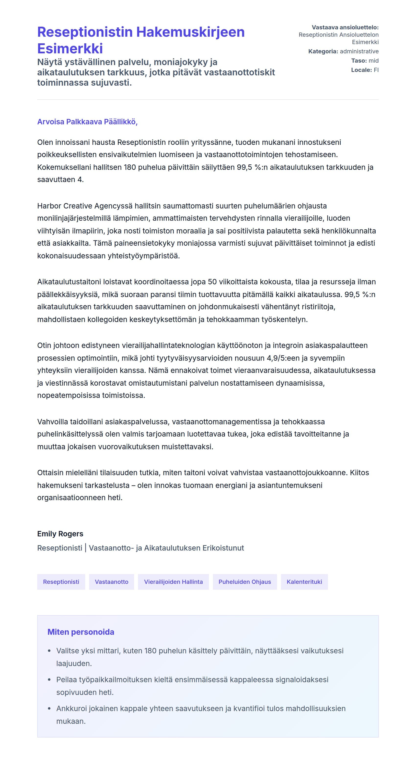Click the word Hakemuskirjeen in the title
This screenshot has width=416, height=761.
tap(190, 32)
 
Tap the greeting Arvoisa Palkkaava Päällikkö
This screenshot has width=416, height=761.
tap(87, 122)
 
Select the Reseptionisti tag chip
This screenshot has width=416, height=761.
tap(61, 581)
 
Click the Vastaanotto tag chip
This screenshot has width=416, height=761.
tap(111, 581)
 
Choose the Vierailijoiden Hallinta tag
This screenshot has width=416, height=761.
tap(173, 581)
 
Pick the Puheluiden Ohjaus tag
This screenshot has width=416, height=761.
tap(244, 581)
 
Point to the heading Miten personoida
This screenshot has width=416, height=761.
tap(81, 632)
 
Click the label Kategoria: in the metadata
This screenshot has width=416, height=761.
tap(323, 51)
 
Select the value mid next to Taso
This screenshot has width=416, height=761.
tap(373, 60)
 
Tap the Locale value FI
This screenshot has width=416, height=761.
tap(376, 70)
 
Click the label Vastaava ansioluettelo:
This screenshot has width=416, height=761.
tap(345, 27)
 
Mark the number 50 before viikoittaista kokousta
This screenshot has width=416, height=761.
tap(212, 282)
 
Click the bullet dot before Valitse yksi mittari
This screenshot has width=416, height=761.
tap(49, 651)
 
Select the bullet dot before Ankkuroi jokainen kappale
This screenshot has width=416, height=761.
tap(49, 708)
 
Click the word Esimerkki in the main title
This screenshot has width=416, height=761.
tap(70, 49)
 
